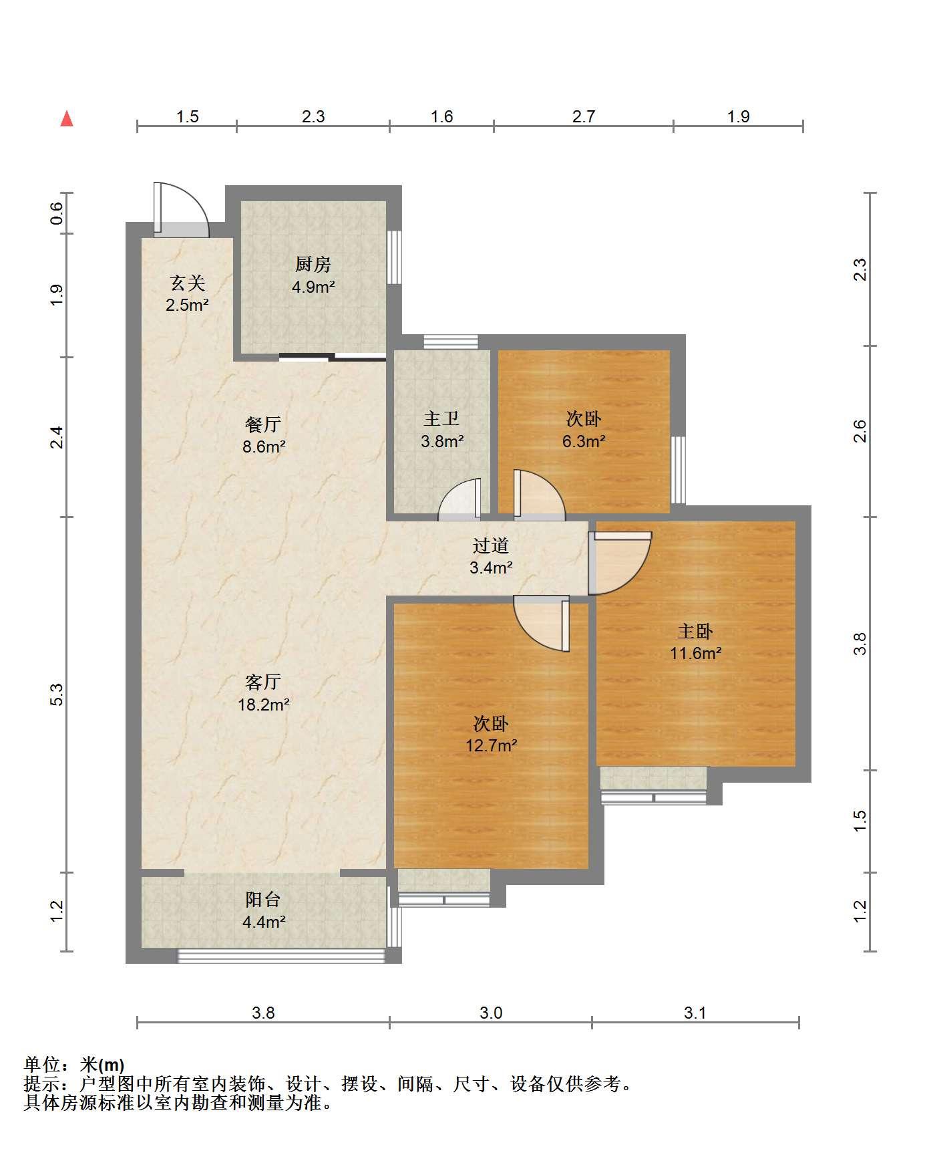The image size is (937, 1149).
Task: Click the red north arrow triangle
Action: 67,119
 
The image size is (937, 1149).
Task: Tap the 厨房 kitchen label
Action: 313,265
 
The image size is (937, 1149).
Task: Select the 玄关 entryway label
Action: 187,283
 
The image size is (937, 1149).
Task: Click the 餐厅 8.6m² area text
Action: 264,446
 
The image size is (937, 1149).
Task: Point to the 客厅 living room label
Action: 263,682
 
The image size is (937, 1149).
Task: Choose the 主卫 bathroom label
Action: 441,419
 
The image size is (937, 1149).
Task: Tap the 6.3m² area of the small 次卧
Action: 584,441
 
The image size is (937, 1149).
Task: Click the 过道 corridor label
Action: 491,545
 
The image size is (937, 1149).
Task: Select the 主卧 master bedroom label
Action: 695,631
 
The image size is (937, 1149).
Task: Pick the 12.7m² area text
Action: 492,745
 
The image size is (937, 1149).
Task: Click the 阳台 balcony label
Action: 263,900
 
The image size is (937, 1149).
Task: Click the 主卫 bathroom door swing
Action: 459,499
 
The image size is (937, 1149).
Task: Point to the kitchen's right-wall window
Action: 394,257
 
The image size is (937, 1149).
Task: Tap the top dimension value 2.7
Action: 583,116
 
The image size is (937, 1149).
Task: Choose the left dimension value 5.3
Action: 57,694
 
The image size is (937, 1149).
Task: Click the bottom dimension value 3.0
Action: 491,1013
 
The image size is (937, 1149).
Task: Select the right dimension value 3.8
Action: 860,643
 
